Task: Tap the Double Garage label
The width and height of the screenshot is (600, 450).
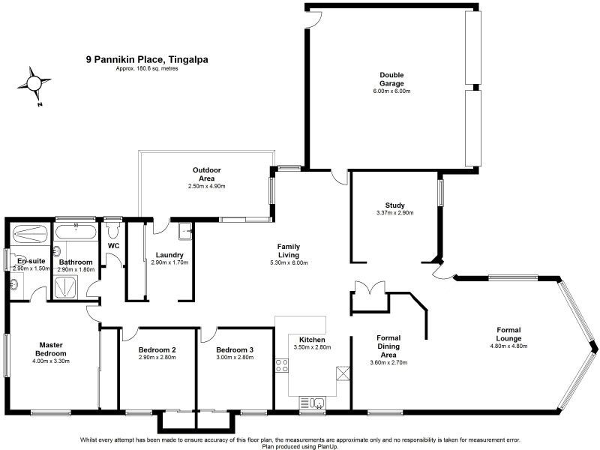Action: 391,79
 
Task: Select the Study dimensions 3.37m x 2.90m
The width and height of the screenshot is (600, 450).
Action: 394,212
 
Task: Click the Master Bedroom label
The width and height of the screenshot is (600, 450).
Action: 55,349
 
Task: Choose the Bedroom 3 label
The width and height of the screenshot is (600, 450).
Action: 234,350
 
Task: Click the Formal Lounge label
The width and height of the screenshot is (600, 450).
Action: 508,334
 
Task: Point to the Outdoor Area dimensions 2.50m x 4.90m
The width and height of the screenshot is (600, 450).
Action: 207,186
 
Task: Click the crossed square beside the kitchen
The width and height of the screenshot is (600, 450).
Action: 343,373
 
